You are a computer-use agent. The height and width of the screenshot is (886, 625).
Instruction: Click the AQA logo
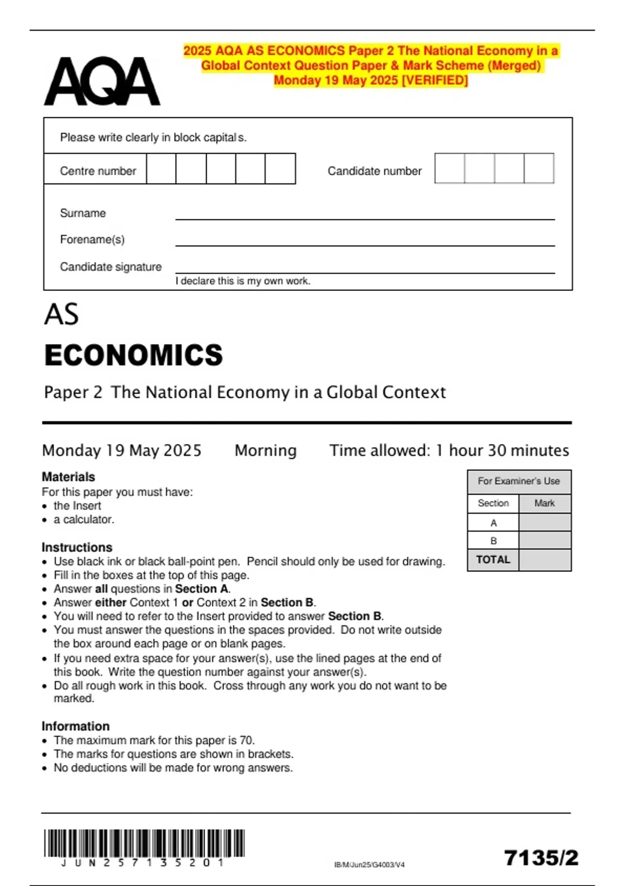pyautogui.click(x=102, y=81)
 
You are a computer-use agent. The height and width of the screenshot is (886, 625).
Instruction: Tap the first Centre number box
pyautogui.click(x=161, y=169)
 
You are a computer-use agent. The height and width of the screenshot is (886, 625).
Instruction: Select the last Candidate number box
pyautogui.click(x=539, y=168)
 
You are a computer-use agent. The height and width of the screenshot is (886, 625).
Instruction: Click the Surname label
pyautogui.click(x=83, y=213)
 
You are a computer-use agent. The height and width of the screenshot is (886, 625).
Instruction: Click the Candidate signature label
pyautogui.click(x=110, y=267)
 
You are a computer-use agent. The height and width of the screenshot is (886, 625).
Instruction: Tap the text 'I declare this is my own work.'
pyautogui.click(x=243, y=281)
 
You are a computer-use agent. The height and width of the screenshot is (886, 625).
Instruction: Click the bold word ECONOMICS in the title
pyautogui.click(x=134, y=355)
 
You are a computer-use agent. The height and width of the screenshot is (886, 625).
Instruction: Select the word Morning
pyautogui.click(x=266, y=450)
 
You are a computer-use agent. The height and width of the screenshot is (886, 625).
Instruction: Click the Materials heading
pyautogui.click(x=68, y=477)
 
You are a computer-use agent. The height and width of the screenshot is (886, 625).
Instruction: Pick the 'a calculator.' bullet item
pyautogui.click(x=84, y=520)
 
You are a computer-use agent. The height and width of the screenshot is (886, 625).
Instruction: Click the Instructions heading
pyautogui.click(x=77, y=547)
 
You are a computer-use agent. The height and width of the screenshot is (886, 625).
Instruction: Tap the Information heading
pyautogui.click(x=76, y=726)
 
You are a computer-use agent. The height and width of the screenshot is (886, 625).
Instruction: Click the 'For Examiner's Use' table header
pyautogui.click(x=519, y=482)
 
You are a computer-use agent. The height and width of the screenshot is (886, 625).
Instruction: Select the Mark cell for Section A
pyautogui.click(x=545, y=523)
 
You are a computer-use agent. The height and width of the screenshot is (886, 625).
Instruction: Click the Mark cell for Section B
pyautogui.click(x=545, y=540)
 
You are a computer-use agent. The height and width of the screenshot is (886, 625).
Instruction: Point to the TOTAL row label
pyautogui.click(x=493, y=560)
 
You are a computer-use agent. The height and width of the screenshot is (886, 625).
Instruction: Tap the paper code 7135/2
pyautogui.click(x=541, y=858)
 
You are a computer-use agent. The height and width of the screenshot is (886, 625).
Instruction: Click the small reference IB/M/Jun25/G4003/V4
pyautogui.click(x=369, y=865)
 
